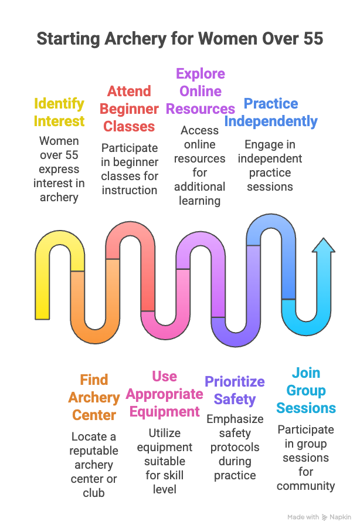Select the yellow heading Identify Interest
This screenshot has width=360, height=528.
(x=59, y=112)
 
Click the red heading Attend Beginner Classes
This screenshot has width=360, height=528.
(x=129, y=109)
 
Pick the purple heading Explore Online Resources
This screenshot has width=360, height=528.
(x=201, y=91)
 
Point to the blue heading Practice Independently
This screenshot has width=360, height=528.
(x=271, y=112)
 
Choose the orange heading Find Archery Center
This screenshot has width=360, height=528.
(x=94, y=397)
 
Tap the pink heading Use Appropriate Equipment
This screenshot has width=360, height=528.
(x=164, y=394)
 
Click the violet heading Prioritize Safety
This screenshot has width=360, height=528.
(x=235, y=390)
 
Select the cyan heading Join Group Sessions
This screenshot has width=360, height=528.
(x=306, y=390)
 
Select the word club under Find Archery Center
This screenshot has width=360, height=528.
(x=94, y=493)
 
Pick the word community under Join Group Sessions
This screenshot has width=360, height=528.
(x=306, y=486)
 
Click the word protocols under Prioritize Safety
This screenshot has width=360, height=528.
(x=235, y=447)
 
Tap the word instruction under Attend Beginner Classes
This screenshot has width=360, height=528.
(x=129, y=190)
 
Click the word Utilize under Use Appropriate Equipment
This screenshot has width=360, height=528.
(x=164, y=433)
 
